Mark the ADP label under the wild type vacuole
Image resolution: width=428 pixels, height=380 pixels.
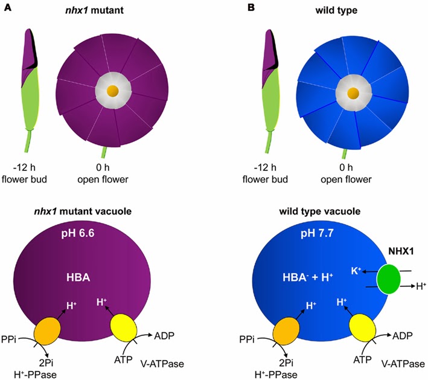click(x=403, y=333)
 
